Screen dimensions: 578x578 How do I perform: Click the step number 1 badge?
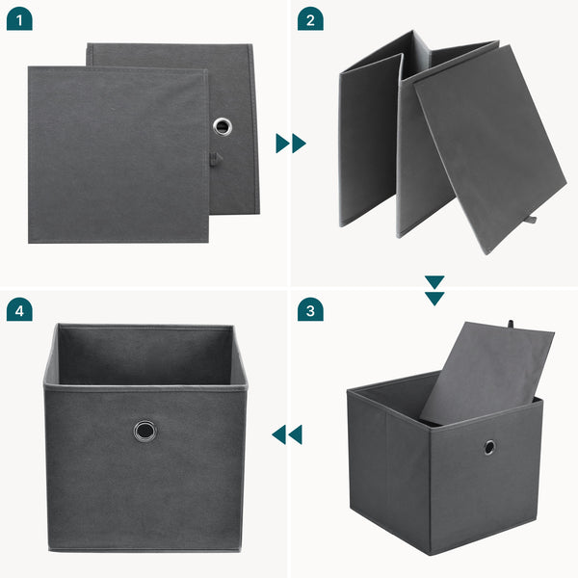pyautogui.click(x=19, y=18)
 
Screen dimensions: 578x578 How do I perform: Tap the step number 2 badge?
pyautogui.click(x=310, y=18)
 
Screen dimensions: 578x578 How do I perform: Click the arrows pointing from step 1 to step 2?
pyautogui.click(x=290, y=144)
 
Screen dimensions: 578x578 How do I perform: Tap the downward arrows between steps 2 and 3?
pyautogui.click(x=434, y=290)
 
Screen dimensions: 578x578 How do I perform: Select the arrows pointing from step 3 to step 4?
pyautogui.click(x=287, y=434)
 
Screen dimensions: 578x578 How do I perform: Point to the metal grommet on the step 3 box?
pyautogui.click(x=489, y=447)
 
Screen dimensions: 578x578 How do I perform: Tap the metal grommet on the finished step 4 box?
pyautogui.click(x=144, y=430)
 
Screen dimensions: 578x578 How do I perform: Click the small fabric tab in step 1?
pyautogui.click(x=217, y=158)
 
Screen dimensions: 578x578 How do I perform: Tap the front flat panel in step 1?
pyautogui.click(x=116, y=154)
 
